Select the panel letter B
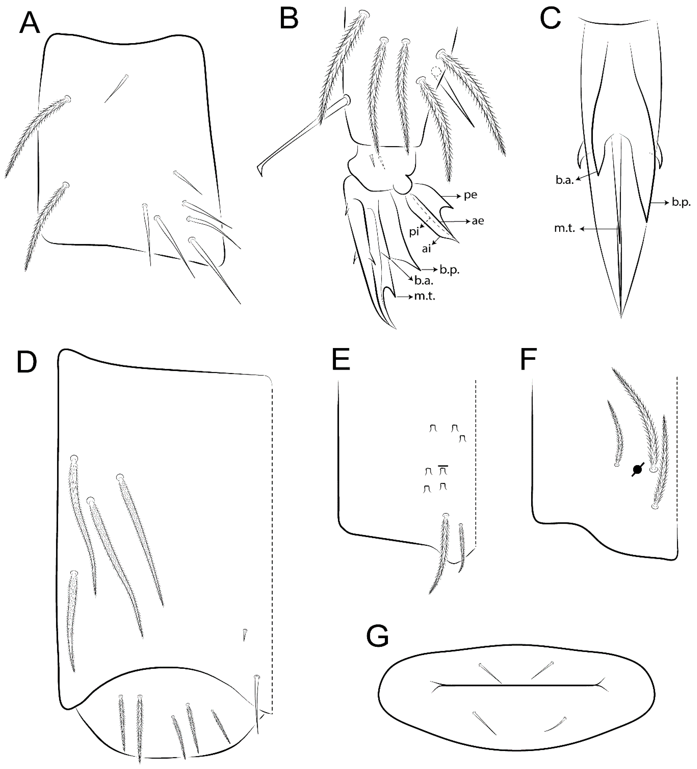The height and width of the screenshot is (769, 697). pos(289,18)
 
